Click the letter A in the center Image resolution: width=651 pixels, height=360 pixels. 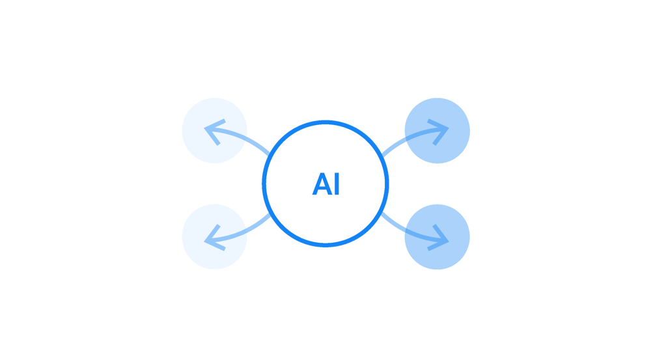click(322, 184)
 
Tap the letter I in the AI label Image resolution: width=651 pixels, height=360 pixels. click(337, 184)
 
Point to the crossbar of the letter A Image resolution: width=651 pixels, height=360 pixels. click(322, 189)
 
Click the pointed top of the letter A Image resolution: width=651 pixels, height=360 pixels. click(322, 174)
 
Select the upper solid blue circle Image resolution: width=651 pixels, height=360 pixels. click(437, 130)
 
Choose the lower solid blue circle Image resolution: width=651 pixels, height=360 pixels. click(437, 237)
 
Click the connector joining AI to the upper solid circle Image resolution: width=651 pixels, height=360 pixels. click(393, 146)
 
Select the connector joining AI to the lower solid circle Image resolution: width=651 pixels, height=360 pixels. click(393, 221)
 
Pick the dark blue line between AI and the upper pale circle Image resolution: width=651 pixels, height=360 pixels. click(258, 146)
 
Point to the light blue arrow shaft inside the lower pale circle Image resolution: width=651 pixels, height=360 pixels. click(231, 235)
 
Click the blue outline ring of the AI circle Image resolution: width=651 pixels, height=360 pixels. click(325, 123)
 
